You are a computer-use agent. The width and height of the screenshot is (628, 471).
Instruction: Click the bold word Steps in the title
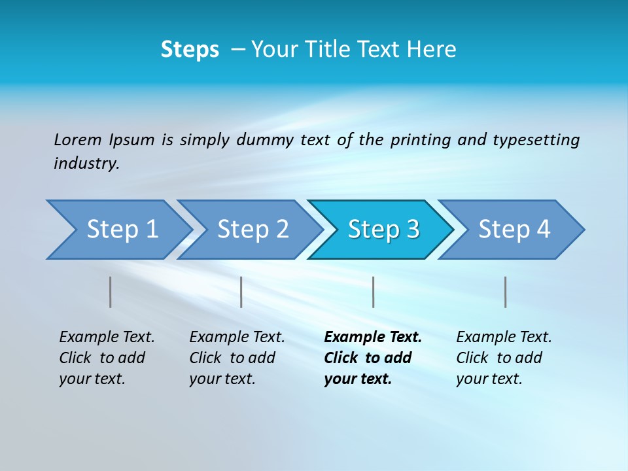pyautogui.click(x=190, y=50)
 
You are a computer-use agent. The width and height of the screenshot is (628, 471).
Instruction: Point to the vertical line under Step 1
pyautogui.click(x=111, y=292)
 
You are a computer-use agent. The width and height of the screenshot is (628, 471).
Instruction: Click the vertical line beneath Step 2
pyautogui.click(x=241, y=292)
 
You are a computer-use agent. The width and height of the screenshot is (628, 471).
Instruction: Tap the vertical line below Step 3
pyautogui.click(x=374, y=292)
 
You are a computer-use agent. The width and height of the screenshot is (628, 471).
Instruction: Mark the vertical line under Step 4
pyautogui.click(x=506, y=292)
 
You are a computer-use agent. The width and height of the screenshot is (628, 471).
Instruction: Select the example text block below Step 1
pyautogui.click(x=106, y=358)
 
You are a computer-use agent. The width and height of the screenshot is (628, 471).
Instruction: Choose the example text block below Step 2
pyautogui.click(x=236, y=358)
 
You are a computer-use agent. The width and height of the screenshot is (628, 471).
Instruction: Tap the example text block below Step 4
pyautogui.click(x=503, y=358)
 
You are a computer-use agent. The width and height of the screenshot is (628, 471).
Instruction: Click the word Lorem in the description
pyautogui.click(x=78, y=140)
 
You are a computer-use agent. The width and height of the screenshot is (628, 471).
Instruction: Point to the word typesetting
pyautogui.click(x=536, y=140)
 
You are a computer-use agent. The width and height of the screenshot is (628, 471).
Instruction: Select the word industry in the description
pyautogui.click(x=86, y=164)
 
